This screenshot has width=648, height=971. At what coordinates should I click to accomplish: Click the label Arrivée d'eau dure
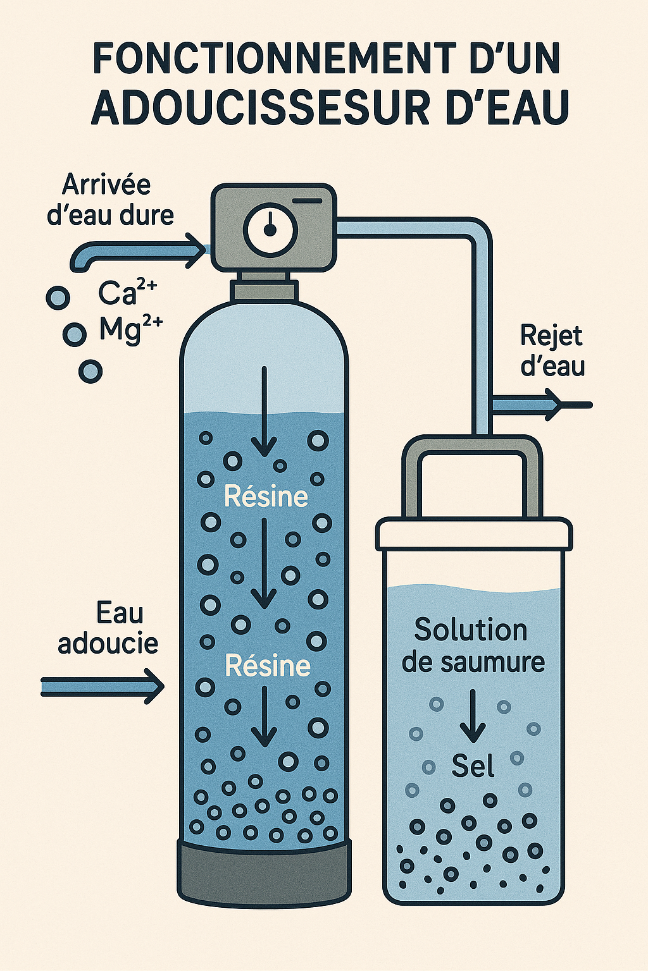pyautogui.click(x=109, y=200)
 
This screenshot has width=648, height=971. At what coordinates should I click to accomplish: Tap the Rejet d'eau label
pyautogui.click(x=552, y=351)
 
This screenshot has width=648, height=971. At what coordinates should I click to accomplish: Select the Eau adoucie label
pyautogui.click(x=109, y=628)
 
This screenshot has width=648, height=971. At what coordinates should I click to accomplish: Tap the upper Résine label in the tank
pyautogui.click(x=266, y=497)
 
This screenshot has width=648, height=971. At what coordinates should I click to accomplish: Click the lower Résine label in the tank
pyautogui.click(x=268, y=666)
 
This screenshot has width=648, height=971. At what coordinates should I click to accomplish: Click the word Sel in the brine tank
pyautogui.click(x=472, y=767)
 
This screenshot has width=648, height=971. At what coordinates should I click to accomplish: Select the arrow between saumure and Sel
pyautogui.click(x=472, y=715)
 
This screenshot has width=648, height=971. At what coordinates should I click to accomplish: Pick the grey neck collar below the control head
pyautogui.click(x=265, y=288)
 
